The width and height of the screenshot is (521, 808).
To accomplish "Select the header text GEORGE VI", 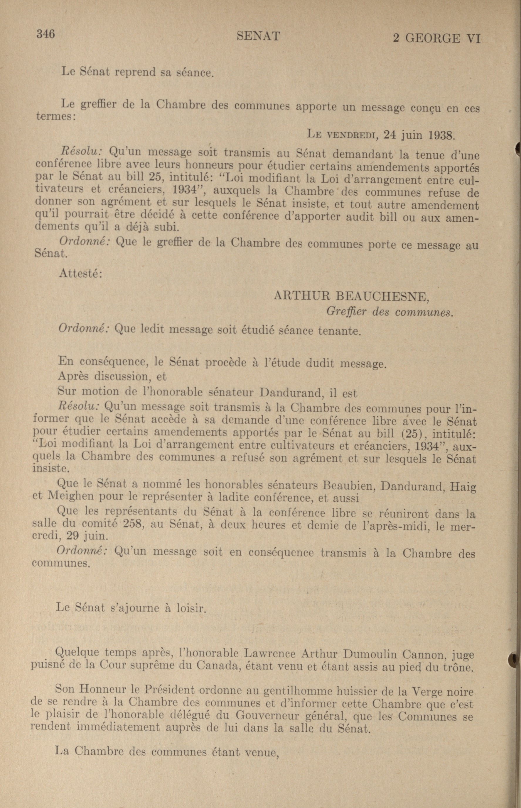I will [443, 38].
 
